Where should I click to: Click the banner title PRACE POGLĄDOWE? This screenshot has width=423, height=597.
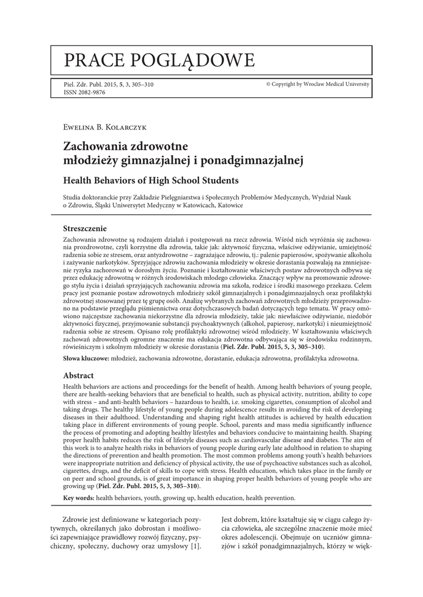(159, 59)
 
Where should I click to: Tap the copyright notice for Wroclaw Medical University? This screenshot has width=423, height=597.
(317, 85)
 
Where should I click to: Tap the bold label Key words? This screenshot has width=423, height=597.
(78, 498)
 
